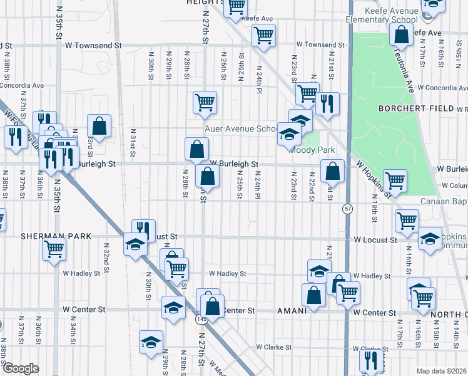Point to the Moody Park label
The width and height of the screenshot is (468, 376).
[x=311, y=150]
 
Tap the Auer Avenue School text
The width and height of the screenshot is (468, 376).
[x=242, y=129]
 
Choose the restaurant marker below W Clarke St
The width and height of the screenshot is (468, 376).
[x=371, y=360]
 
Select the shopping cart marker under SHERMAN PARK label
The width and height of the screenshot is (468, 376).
[x=54, y=248]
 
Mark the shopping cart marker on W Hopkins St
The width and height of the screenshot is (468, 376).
[x=395, y=180]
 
